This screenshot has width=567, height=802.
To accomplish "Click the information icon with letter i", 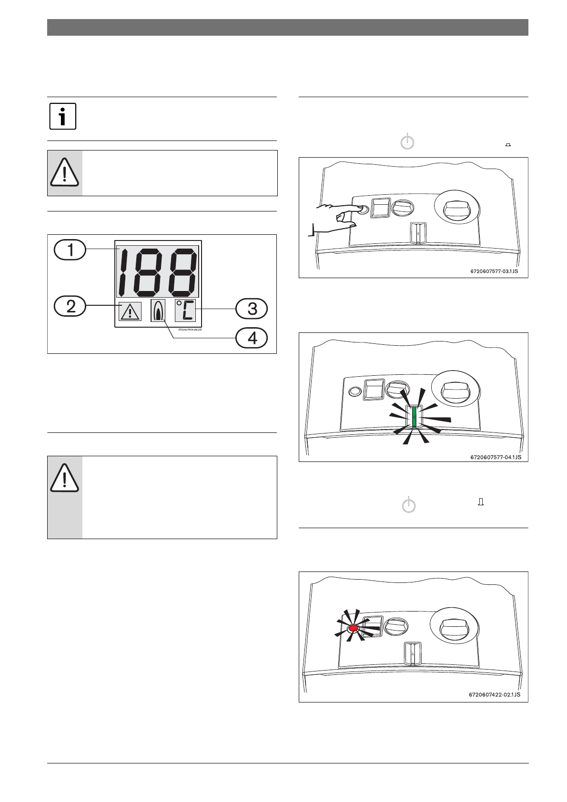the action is [63, 116].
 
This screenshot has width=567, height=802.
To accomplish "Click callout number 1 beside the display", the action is [70, 250].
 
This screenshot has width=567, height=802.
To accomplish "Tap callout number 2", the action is [70, 306].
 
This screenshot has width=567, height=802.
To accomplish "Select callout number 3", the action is [252, 309].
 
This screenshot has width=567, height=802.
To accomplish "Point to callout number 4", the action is [252, 338].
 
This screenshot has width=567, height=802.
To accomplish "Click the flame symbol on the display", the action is [158, 311].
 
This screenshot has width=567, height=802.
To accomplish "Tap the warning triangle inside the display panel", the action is [130, 311].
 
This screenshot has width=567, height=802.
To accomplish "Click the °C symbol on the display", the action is [185, 311].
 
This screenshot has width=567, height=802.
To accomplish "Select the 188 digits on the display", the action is [158, 272].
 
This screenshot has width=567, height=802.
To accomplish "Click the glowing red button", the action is [354, 629].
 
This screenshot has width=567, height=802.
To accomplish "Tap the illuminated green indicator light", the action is [414, 416].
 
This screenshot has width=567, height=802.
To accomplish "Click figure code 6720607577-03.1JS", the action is [494, 272].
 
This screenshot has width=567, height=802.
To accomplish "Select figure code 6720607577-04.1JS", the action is [496, 457].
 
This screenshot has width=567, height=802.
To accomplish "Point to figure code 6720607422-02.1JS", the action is [495, 694].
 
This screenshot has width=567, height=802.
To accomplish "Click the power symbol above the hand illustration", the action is [407, 142].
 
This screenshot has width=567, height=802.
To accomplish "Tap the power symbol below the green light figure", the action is [408, 505].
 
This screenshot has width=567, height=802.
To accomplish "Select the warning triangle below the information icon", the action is [65, 172].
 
